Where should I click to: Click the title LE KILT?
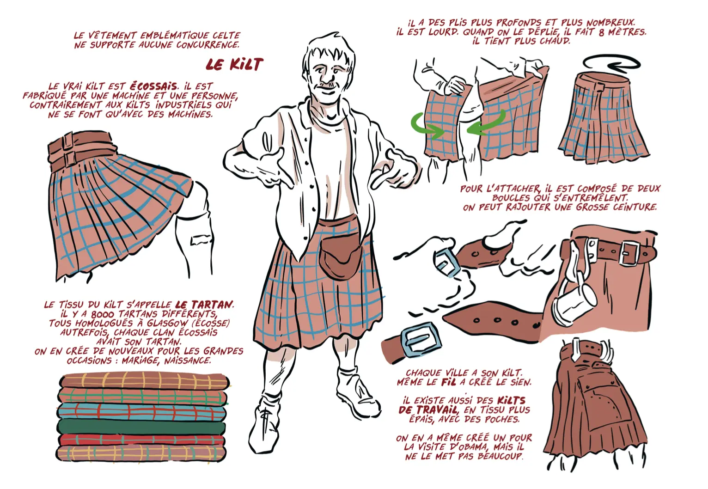[x=234, y=65]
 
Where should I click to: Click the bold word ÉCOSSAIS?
[x=153, y=86]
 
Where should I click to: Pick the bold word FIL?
[x=448, y=382]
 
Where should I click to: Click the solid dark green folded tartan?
[x=141, y=427]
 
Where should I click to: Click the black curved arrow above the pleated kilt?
[x=611, y=64]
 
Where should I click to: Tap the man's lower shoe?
[x=265, y=423]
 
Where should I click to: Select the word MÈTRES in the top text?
[x=625, y=32]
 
